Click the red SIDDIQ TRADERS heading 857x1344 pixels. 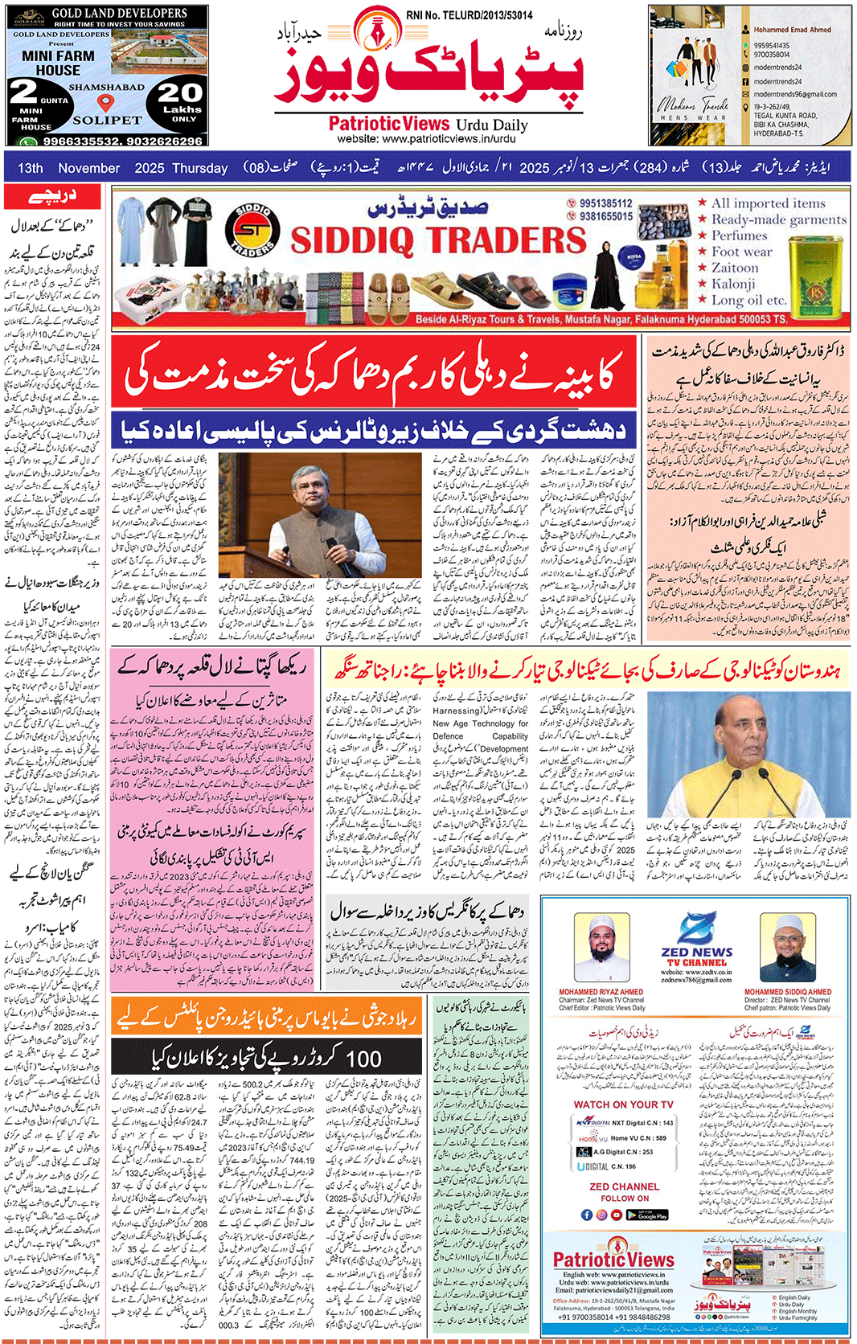pyautogui.click(x=439, y=240)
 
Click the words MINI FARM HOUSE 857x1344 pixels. pyautogui.click(x=58, y=63)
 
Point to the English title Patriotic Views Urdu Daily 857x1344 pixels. pyautogui.click(x=428, y=124)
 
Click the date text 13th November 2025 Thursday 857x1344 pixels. pyautogui.click(x=123, y=168)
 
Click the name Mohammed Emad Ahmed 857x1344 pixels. pyautogui.click(x=792, y=30)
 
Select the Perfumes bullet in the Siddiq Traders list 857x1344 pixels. pyautogui.click(x=739, y=236)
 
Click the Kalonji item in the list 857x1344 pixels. pyautogui.click(x=732, y=284)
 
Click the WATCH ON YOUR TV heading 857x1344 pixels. pyautogui.click(x=623, y=1104)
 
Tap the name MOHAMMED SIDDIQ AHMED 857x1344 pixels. pyautogui.click(x=787, y=992)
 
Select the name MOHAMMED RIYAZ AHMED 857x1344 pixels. pyautogui.click(x=601, y=992)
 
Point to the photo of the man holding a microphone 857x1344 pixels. pyautogui.click(x=320, y=514)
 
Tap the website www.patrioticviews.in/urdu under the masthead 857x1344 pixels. pyautogui.click(x=427, y=139)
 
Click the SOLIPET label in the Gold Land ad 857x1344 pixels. pyautogui.click(x=107, y=121)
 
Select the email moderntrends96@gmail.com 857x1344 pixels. pyautogui.click(x=794, y=94)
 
